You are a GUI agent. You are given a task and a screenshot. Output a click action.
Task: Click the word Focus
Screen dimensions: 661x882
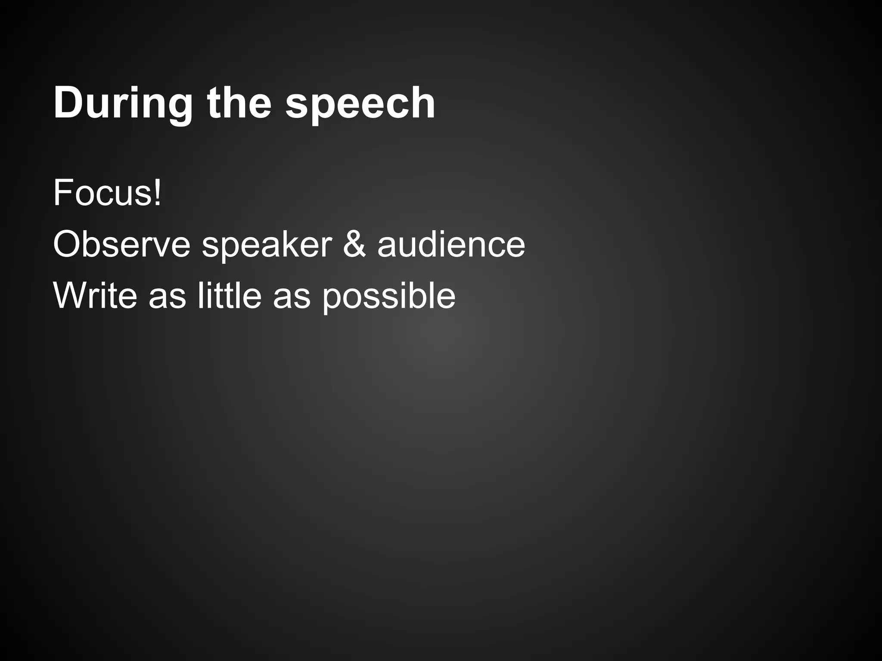pyautogui.click(x=102, y=193)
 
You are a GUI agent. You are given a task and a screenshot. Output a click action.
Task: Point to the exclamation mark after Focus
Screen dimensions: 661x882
pyautogui.click(x=158, y=193)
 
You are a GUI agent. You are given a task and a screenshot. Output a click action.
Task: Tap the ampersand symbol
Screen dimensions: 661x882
pyautogui.click(x=354, y=244)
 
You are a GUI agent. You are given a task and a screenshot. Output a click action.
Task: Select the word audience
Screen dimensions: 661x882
pyautogui.click(x=451, y=244)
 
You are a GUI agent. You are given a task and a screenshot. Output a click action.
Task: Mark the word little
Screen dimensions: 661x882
pyautogui.click(x=230, y=296)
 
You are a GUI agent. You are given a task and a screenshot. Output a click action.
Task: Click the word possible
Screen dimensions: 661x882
pyautogui.click(x=389, y=297)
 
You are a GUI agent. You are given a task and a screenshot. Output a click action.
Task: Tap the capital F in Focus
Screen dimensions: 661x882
pyautogui.click(x=62, y=193)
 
